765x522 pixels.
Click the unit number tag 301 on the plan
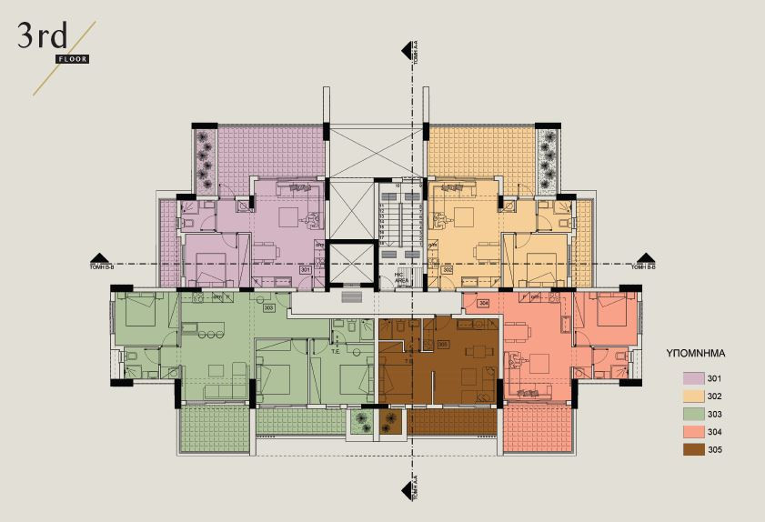click(306, 270)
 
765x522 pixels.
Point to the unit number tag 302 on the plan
click(447, 270)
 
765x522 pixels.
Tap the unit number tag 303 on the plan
click(268, 307)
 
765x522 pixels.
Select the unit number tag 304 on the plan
click(484, 303)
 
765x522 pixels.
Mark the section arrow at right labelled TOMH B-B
click(646, 259)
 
